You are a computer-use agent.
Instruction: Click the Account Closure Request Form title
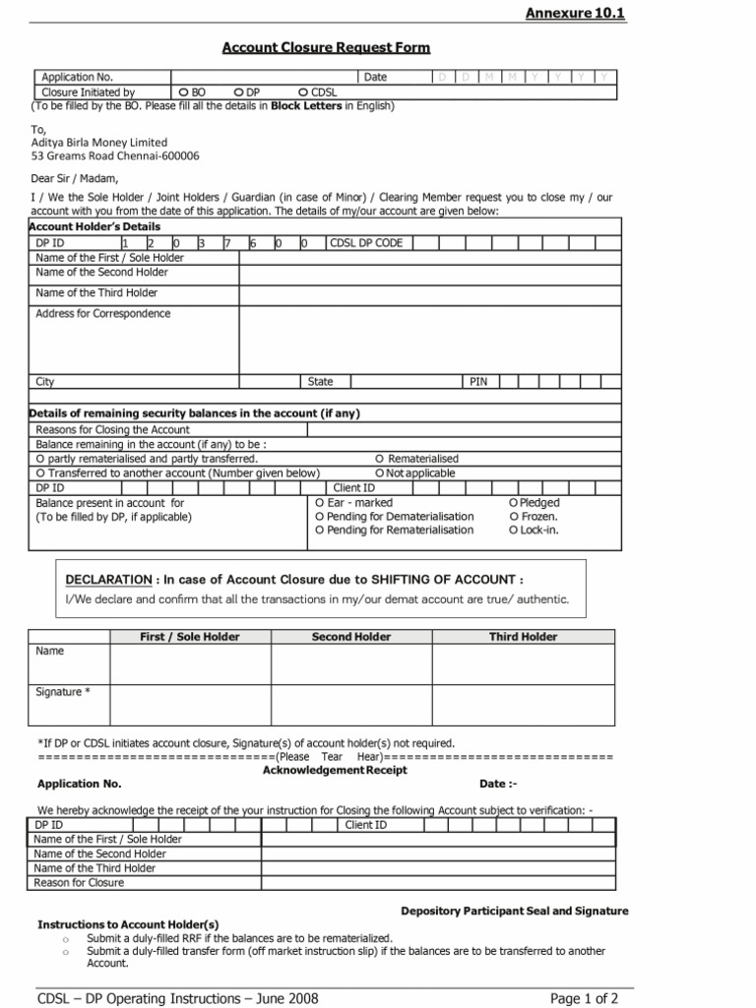pos(326,47)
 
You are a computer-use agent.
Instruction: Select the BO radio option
pos(184,93)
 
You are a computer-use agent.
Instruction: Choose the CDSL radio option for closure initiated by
pos(302,93)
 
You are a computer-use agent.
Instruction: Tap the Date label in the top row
pos(376,77)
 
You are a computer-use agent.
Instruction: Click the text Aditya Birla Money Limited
pos(99,142)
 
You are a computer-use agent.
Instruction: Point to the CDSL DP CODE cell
pos(366,243)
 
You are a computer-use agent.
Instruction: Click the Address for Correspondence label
pos(102,314)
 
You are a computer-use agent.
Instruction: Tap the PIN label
pos(478,382)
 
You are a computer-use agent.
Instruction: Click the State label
pos(321,382)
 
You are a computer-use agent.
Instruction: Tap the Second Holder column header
pos(351,637)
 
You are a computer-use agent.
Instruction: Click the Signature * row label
pos(63,692)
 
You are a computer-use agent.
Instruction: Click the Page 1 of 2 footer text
pos(584,998)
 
